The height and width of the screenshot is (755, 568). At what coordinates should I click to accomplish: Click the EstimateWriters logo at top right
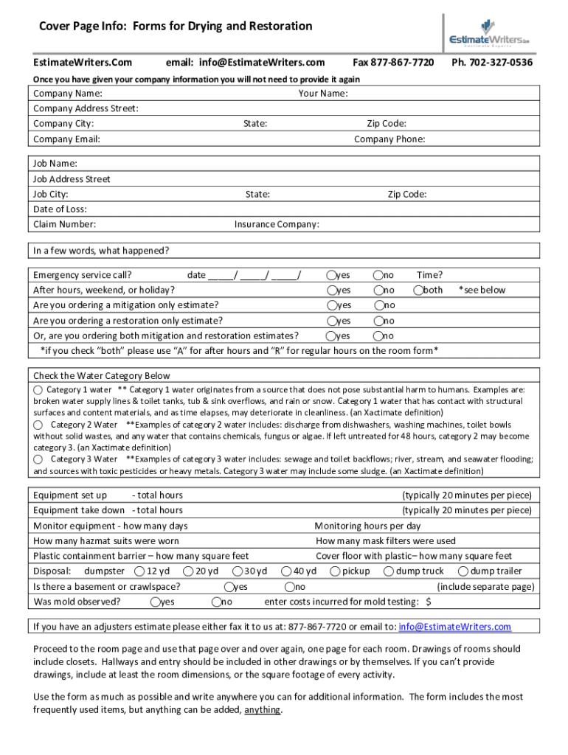490,33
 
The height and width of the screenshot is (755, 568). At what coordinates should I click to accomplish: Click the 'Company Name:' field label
68,94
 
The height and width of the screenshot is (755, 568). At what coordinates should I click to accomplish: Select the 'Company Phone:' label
389,139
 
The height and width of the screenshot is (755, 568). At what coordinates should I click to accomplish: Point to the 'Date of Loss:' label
60,209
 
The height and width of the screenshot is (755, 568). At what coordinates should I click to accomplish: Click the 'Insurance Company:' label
277,224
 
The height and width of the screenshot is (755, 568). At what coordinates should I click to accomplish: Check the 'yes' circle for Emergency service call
333,276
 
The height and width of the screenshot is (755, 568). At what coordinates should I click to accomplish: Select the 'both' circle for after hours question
419,290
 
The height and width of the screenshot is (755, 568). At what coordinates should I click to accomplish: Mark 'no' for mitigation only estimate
378,305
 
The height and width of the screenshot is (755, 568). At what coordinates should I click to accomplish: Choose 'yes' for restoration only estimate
333,321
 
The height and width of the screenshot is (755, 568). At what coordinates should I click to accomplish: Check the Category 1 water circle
38,389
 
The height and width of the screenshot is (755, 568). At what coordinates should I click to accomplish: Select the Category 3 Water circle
38,459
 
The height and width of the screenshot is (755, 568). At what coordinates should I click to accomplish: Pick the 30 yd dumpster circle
238,571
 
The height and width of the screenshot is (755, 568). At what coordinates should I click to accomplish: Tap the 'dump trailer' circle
463,571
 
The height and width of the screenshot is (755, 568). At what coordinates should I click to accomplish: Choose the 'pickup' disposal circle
335,571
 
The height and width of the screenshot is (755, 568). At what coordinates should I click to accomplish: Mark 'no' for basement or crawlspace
289,587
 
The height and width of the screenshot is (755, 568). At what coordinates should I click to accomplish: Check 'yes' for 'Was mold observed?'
155,602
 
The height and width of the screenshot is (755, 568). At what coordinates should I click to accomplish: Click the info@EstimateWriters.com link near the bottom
454,627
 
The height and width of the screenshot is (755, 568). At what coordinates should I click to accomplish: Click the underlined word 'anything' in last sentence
262,711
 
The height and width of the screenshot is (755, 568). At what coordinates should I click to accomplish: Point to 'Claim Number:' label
65,224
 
